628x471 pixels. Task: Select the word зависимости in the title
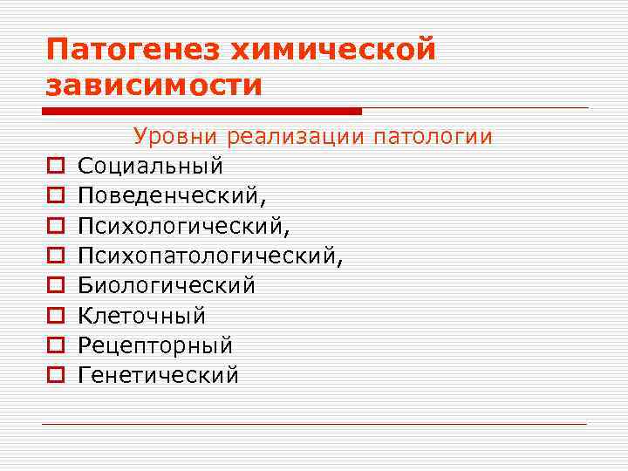click(x=154, y=85)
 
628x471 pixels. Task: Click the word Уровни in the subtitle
click(x=175, y=137)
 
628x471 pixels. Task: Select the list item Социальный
click(x=150, y=166)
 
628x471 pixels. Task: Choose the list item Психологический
click(x=182, y=226)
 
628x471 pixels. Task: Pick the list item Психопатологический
click(x=210, y=256)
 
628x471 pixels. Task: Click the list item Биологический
click(x=166, y=286)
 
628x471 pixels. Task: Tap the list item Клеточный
click(x=141, y=316)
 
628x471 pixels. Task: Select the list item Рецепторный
click(x=154, y=345)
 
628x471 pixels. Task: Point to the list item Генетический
click(x=158, y=376)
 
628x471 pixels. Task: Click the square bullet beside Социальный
click(x=54, y=166)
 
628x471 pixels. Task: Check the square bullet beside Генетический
click(x=54, y=376)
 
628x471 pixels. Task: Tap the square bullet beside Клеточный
click(x=54, y=316)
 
